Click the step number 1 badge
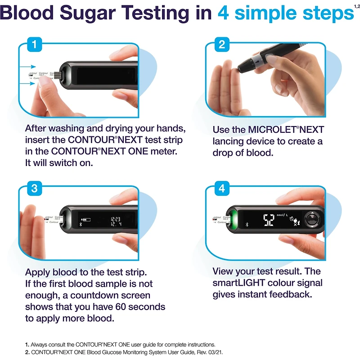(35, 44)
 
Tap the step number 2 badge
(222, 44)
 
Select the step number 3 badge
(35, 188)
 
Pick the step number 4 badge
(222, 188)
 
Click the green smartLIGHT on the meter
(234, 219)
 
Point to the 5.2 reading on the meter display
(269, 220)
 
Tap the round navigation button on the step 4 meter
(312, 219)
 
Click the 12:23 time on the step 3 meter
(116, 219)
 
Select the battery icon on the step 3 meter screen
(86, 220)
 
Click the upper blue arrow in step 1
(28, 67)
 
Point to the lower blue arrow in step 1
(27, 83)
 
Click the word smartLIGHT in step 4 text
(239, 283)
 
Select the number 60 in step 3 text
(120, 307)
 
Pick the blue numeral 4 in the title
(223, 13)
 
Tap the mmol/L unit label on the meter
(282, 215)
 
